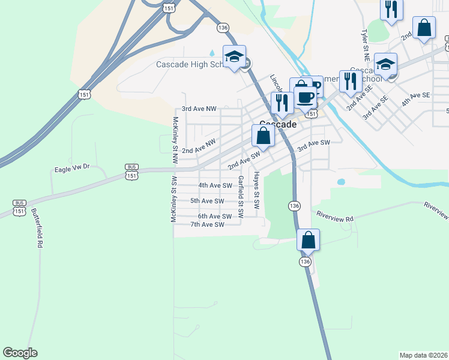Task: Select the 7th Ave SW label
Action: pos(206,224)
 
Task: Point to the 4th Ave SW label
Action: pos(215,185)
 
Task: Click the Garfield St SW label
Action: pos(241,196)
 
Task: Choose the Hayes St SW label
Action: pos(256,191)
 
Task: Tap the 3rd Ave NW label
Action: pos(199,109)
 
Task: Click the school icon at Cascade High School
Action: pos(234,56)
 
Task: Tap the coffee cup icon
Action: pos(306,96)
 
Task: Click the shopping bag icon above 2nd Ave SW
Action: pos(263,136)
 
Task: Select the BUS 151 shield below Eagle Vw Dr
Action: pos(131,171)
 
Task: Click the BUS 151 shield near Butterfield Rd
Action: pos(19,208)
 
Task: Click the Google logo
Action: pos(20,353)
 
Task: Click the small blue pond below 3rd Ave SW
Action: pos(341,181)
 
